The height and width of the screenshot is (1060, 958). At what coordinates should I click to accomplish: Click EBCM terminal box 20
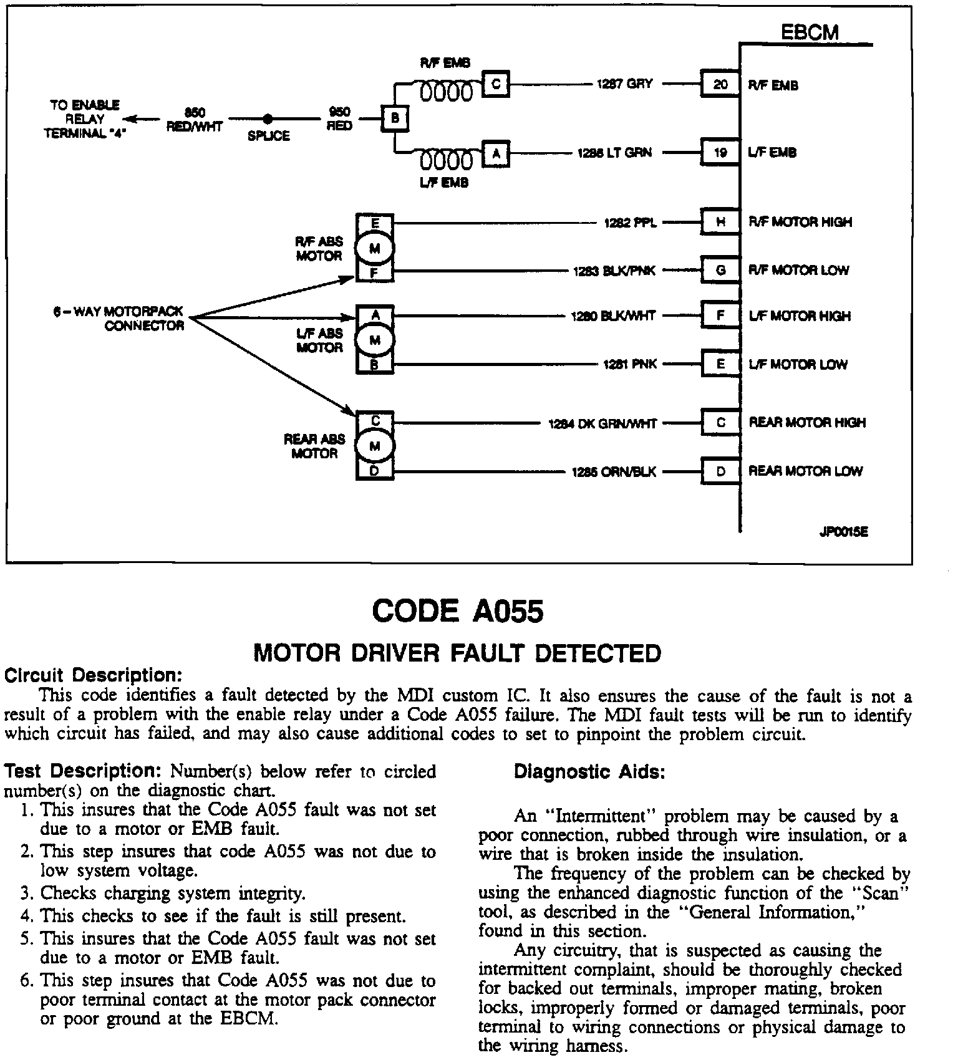coord(720,84)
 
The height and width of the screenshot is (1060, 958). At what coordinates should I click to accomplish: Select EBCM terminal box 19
coord(720,152)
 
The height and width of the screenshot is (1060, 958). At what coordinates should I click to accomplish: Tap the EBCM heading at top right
coord(810,32)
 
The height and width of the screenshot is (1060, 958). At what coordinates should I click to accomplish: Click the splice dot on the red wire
coord(268,118)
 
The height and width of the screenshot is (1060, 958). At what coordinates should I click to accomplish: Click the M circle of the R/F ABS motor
coord(374,248)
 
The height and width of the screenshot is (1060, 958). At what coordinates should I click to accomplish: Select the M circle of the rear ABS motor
coord(374,446)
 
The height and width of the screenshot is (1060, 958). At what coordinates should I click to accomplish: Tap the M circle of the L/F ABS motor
coord(374,340)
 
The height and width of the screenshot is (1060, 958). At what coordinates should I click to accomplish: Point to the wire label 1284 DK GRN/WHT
coord(602,424)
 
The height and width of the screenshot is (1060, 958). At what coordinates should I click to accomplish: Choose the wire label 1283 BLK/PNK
coord(614,271)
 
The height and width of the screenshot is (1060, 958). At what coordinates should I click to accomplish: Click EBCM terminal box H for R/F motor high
coord(720,222)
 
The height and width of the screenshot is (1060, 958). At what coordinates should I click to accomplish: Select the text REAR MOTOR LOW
coord(805,471)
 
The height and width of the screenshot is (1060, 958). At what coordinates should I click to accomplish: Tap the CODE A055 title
coord(458,611)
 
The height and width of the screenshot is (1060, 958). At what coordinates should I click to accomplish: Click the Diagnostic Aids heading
coord(589,773)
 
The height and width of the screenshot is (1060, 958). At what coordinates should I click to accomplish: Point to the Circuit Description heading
coord(94,675)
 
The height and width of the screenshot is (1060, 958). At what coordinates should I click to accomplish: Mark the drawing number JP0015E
coord(843,532)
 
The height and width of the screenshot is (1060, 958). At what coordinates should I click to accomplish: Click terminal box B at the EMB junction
coord(394,118)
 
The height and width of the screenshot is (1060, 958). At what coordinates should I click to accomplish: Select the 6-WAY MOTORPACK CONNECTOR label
coord(119,319)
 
